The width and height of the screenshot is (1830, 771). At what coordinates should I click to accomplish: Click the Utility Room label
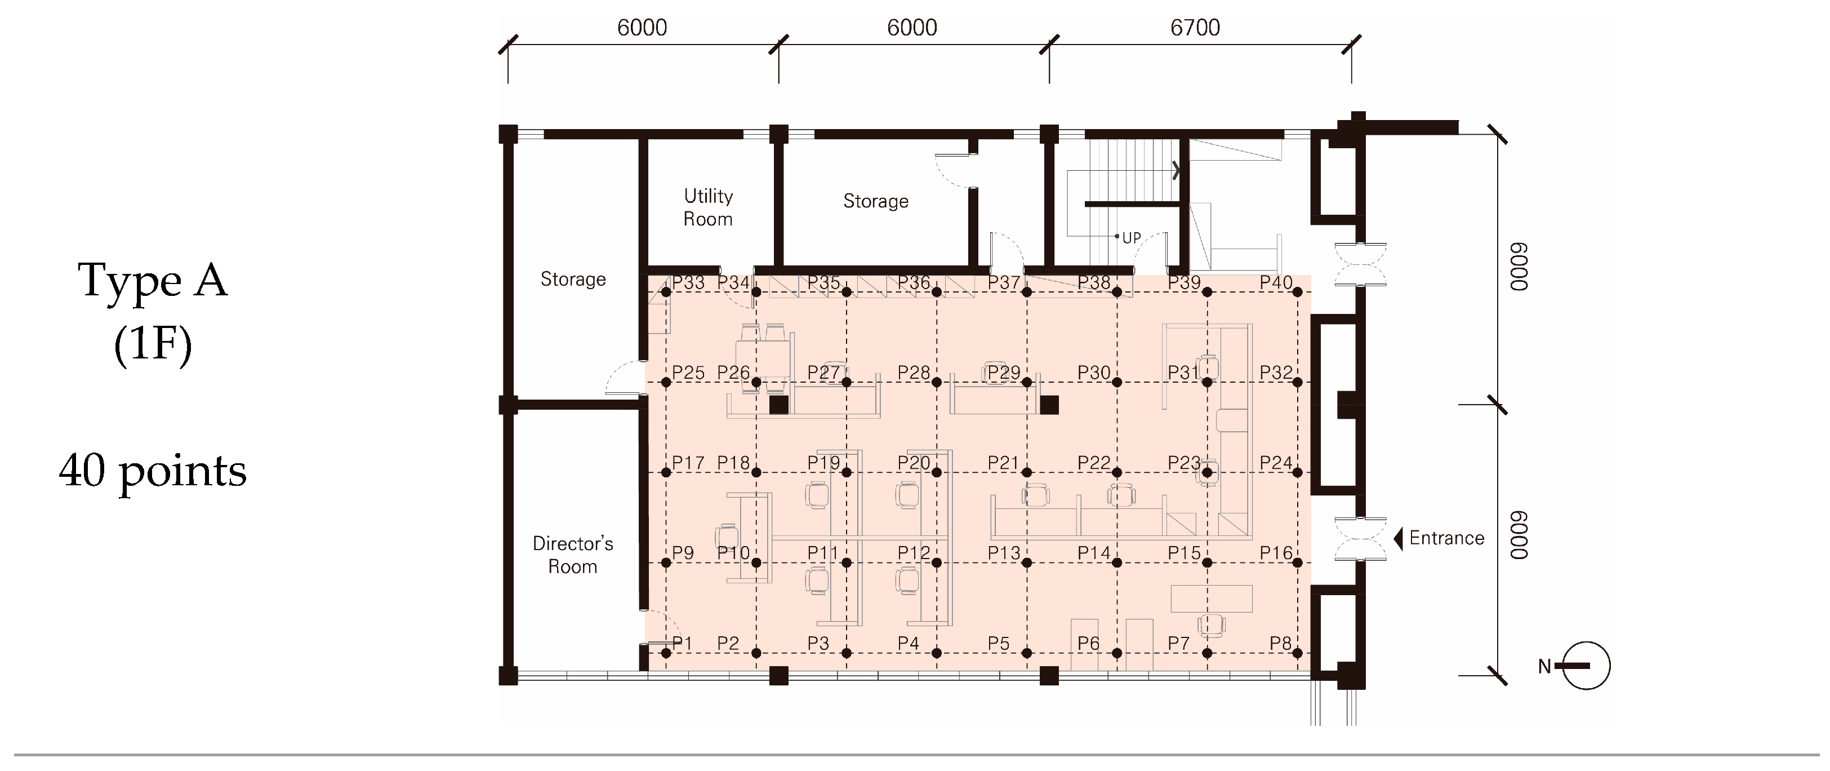pyautogui.click(x=707, y=207)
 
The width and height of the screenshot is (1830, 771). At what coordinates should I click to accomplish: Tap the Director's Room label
pyautogui.click(x=573, y=555)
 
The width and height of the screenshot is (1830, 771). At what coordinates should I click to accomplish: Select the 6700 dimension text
pyautogui.click(x=1195, y=28)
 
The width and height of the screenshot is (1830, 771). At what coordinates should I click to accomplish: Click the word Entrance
pyautogui.click(x=1446, y=538)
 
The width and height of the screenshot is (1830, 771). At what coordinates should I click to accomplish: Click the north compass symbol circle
pyautogui.click(x=1586, y=666)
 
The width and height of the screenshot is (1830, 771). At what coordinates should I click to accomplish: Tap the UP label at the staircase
pyautogui.click(x=1131, y=238)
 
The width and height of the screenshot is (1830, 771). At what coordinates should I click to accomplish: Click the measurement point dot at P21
pyautogui.click(x=1027, y=472)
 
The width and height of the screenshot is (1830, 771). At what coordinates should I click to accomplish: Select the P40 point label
pyautogui.click(x=1276, y=283)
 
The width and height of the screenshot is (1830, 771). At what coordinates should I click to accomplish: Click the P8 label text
pyautogui.click(x=1280, y=643)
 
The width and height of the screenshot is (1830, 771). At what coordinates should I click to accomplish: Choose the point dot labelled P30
pyautogui.click(x=1117, y=382)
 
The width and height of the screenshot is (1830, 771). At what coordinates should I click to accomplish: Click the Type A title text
pyautogui.click(x=153, y=281)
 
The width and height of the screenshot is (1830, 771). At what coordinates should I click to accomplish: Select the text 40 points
pyautogui.click(x=153, y=471)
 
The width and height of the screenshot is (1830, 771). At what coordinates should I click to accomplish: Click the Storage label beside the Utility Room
pyautogui.click(x=875, y=201)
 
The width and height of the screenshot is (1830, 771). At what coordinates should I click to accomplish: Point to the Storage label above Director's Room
pyautogui.click(x=573, y=280)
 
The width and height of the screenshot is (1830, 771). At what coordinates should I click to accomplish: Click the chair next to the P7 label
pyautogui.click(x=1211, y=626)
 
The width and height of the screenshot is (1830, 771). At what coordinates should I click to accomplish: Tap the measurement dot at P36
pyautogui.click(x=936, y=292)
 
